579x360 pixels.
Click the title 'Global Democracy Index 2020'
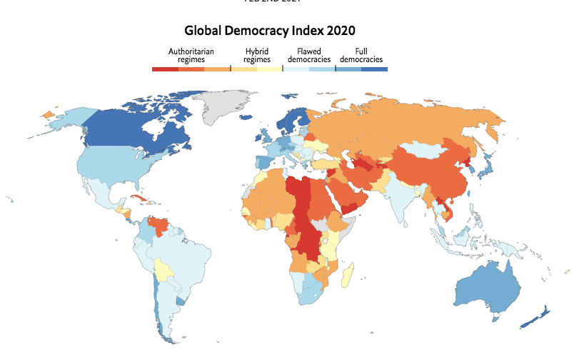click(270, 31)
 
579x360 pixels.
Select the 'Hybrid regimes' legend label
click(256, 56)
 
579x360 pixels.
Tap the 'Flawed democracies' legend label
click(304, 56)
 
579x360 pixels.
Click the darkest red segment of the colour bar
click(165, 69)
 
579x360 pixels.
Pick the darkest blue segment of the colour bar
click(374, 69)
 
